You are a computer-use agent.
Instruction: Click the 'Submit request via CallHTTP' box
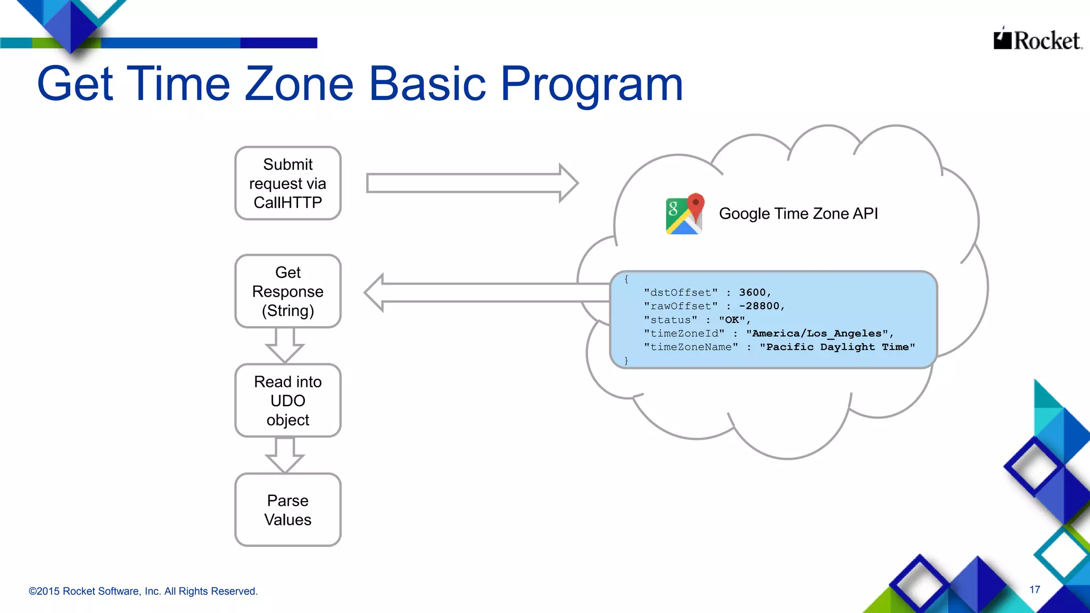288,184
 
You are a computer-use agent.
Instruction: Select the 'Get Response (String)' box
288,292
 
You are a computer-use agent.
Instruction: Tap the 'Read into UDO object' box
288,401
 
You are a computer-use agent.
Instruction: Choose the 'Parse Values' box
288,510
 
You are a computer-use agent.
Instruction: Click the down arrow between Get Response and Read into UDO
285,345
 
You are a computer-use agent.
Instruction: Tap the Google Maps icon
684,214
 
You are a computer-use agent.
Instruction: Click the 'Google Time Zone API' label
798,214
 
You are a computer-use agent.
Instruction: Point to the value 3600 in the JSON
753,293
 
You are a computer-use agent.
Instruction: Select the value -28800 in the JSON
759,306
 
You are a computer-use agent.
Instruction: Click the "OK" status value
732,320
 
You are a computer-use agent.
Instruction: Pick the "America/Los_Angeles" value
817,334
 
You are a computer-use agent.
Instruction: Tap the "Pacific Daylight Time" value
837,347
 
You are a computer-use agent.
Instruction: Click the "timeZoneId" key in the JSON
684,334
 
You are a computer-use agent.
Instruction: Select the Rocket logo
1037,39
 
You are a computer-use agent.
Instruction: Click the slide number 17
1035,590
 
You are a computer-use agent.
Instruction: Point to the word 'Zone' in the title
299,84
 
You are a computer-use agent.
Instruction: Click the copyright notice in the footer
143,591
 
